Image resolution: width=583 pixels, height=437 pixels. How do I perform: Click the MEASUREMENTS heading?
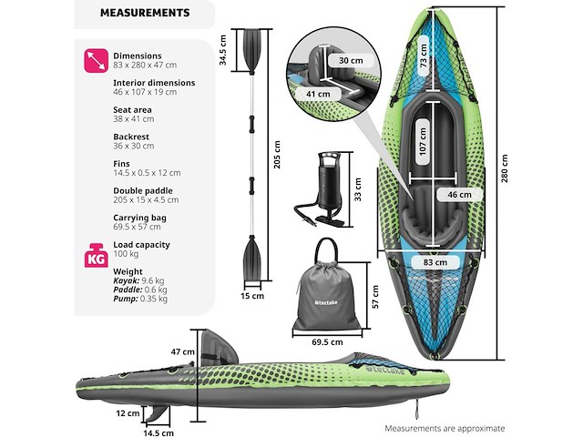(x=145, y=14)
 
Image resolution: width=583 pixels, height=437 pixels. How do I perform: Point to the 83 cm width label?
(x=435, y=262)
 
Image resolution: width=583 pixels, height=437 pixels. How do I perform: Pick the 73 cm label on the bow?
(x=424, y=59)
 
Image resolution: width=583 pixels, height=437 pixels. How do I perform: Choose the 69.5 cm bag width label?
(x=326, y=342)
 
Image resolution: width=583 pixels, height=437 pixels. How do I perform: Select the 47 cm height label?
(x=182, y=351)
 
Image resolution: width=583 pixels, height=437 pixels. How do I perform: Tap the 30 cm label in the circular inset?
(x=338, y=60)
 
